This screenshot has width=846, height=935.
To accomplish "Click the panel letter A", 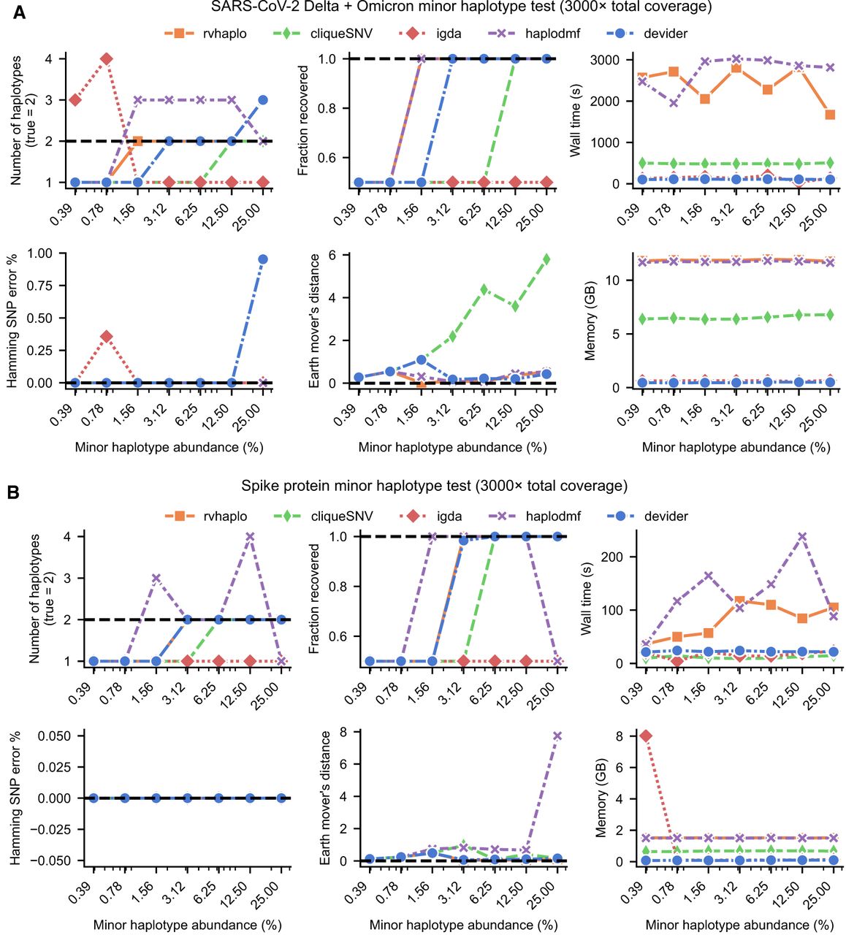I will coord(18,12).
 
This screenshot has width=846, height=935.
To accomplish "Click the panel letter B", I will coord(13,492).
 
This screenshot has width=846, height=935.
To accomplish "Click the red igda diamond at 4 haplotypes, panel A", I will coord(107,59).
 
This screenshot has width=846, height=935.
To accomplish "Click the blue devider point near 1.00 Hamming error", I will coord(263,259).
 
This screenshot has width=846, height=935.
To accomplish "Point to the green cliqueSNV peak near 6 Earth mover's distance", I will coord(546,259).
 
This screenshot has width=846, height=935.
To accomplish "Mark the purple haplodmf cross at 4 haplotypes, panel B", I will coord(250,536).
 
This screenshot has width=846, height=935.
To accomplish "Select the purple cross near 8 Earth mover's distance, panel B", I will coord(557,736).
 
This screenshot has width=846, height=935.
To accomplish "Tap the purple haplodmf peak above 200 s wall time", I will coord(802,536).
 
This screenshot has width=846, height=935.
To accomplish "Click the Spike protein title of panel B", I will coord(434,486).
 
